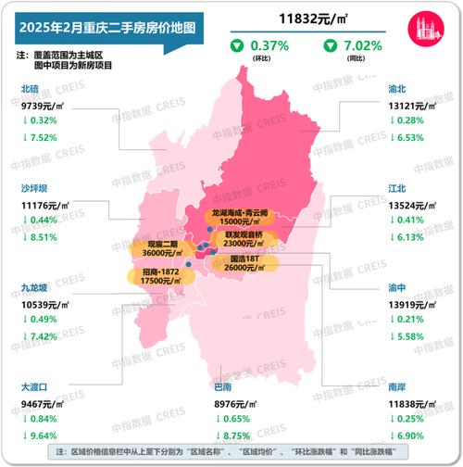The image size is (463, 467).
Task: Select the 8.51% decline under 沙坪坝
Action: (41, 236)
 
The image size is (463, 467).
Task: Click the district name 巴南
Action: (222, 385)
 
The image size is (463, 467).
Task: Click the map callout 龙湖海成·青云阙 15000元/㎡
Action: (241, 218)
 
